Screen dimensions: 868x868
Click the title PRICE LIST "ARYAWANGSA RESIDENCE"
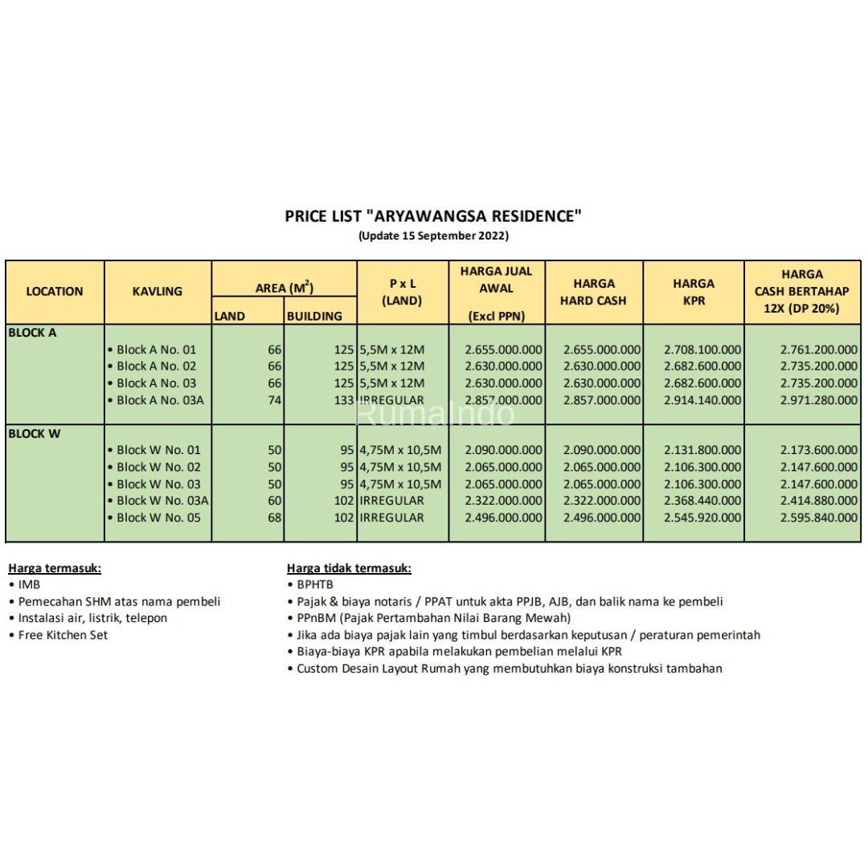coord(433,215)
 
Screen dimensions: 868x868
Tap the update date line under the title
coord(433,235)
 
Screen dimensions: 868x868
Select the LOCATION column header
coord(55,292)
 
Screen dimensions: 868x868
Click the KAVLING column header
coord(158,292)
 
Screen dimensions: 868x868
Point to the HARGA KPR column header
coord(694,292)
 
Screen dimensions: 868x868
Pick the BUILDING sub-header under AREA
coord(314,317)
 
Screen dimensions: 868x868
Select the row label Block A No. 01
coord(156,350)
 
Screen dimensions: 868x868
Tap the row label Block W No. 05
coord(158,518)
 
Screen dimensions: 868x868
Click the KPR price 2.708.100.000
coord(702,350)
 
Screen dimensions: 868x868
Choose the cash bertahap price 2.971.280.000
coord(818,400)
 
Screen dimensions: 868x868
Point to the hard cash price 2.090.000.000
coord(602,450)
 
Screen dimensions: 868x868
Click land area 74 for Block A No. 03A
coord(274,400)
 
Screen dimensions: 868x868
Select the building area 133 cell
coord(343,400)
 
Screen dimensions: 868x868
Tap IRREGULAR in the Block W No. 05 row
coord(391,518)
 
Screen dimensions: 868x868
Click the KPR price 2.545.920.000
coord(702,518)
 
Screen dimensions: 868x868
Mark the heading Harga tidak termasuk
coord(349,568)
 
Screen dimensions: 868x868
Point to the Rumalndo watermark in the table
coord(434,413)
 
